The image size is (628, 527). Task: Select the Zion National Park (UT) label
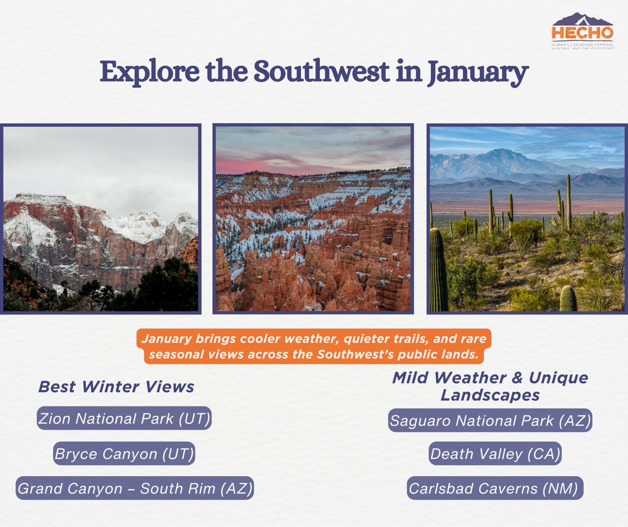(124, 418)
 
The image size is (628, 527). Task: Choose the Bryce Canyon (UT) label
(124, 453)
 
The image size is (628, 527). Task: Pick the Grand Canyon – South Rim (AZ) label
(135, 488)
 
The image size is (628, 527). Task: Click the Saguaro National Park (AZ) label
(490, 420)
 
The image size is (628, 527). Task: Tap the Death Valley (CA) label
(495, 454)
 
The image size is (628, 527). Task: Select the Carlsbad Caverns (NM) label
(494, 488)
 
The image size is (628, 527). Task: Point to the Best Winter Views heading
(116, 387)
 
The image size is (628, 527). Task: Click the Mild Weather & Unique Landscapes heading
(490, 386)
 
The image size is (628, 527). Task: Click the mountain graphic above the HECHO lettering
(582, 20)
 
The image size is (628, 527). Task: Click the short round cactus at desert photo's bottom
(568, 299)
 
